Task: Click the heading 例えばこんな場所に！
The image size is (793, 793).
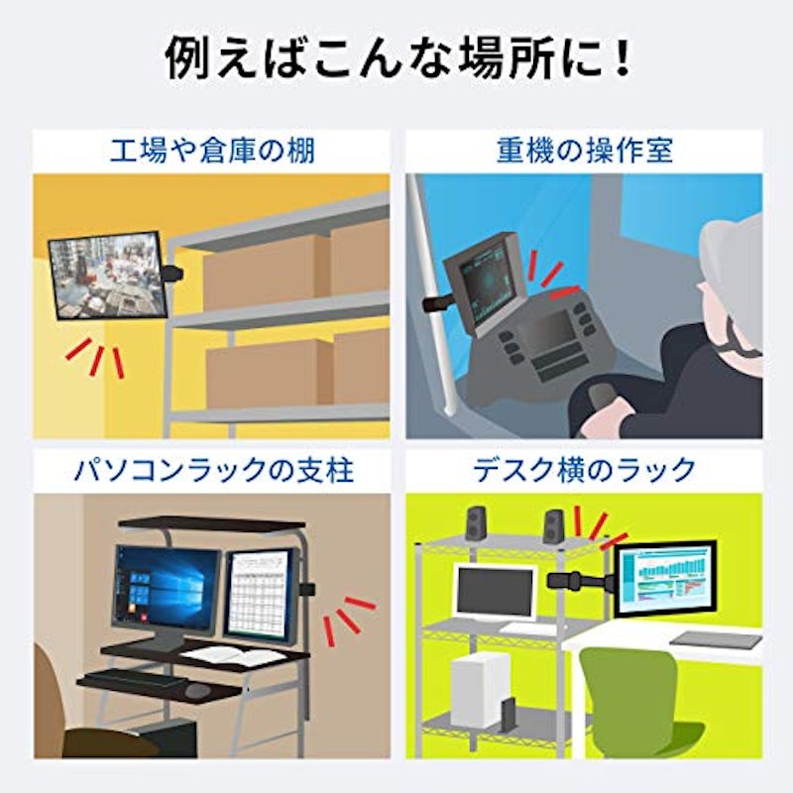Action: pos(397,60)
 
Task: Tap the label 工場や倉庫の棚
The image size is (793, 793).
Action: pos(212,151)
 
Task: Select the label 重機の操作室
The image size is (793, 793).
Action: pos(584,151)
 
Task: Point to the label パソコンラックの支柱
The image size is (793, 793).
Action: pos(213,470)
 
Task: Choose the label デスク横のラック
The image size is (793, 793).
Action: pos(584,470)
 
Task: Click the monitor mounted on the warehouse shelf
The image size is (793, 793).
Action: pos(108,276)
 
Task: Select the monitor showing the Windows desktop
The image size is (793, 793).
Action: pos(167,589)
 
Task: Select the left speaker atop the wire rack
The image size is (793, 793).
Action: pos(476,523)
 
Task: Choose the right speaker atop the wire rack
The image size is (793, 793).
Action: pos(554,527)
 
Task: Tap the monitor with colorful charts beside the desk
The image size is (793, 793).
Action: pos(665,579)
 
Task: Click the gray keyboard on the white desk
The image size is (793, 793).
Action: pos(716,640)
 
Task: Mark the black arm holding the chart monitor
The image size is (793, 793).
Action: pos(580,581)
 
